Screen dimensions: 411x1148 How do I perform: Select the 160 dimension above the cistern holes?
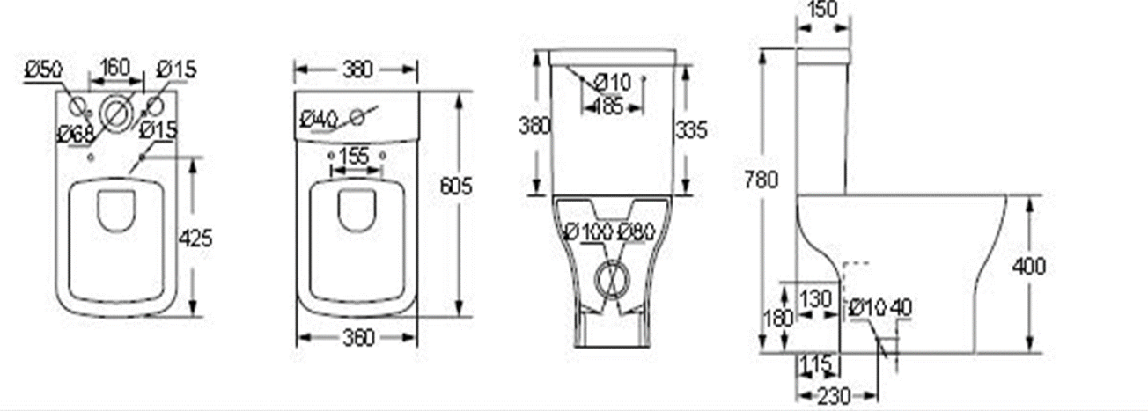[114, 67]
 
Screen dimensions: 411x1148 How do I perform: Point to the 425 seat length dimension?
[196, 237]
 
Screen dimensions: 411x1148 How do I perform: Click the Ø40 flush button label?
[318, 119]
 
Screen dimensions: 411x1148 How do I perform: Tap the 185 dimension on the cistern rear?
[607, 107]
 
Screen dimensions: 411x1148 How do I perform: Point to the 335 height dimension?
[691, 130]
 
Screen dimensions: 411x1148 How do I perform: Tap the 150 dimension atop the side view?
[822, 10]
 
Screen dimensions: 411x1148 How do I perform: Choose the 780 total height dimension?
[760, 180]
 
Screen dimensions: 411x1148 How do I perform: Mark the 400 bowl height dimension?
[1028, 265]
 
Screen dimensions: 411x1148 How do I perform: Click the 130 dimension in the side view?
[816, 298]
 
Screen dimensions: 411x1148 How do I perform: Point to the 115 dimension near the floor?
[816, 363]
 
